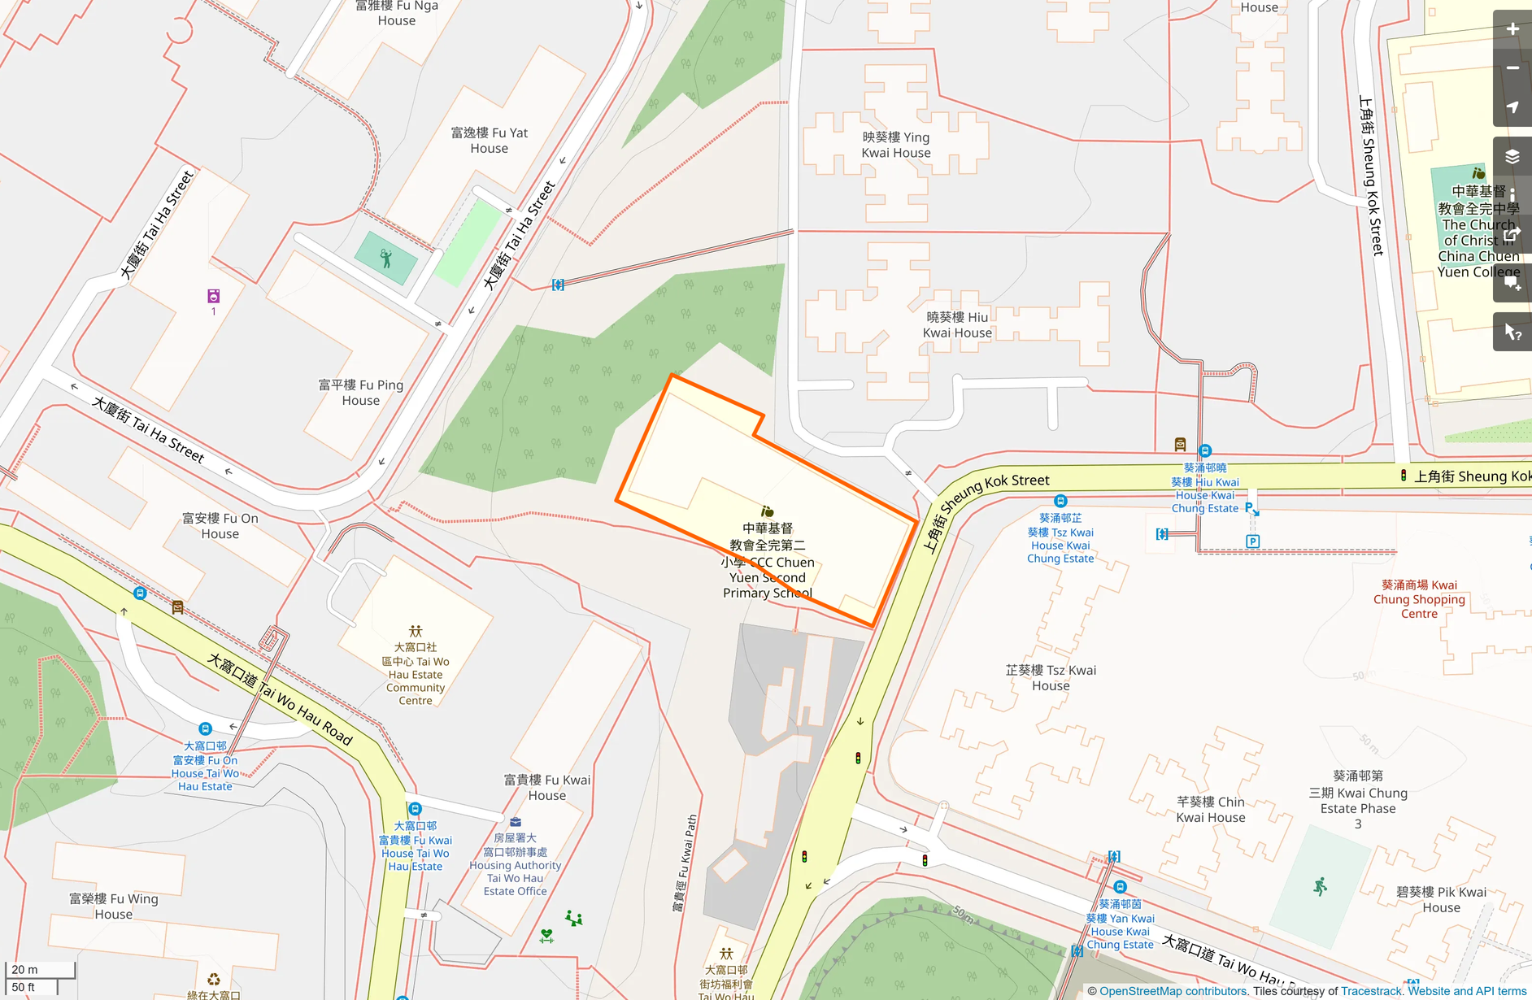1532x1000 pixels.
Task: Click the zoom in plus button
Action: [1512, 29]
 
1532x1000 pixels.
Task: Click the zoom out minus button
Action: [1512, 68]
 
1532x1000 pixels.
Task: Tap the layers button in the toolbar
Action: [1512, 156]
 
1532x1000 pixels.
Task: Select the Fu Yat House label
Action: [489, 141]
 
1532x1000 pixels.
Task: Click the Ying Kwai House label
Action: [895, 145]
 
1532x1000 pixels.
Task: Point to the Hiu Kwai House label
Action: [957, 325]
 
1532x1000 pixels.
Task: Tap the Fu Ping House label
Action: [360, 393]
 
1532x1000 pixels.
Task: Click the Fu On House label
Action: [220, 526]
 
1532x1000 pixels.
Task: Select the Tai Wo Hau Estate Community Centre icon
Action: [416, 631]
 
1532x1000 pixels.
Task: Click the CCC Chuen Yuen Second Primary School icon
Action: [767, 511]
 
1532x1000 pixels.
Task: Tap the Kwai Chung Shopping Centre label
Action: [1419, 599]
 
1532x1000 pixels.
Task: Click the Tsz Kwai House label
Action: [1051, 678]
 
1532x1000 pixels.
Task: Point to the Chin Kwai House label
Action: [1210, 810]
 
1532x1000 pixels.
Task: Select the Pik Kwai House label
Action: [1441, 899]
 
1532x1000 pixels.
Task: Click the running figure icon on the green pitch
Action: [1320, 886]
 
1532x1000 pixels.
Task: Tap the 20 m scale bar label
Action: [25, 970]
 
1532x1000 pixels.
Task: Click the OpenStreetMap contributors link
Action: [1173, 991]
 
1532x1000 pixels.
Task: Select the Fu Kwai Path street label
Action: [685, 862]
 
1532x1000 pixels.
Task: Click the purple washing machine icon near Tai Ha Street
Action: [213, 296]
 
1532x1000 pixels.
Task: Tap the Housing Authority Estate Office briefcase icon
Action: [516, 822]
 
